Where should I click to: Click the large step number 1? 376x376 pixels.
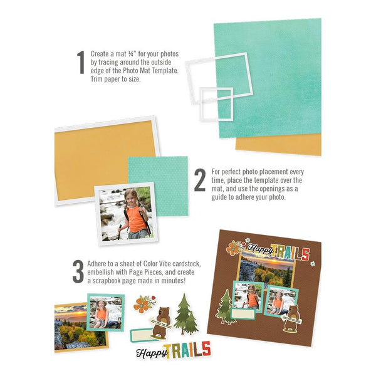[x=80, y=63]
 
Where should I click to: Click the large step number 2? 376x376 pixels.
[x=200, y=180]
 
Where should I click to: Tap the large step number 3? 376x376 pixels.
[x=78, y=271]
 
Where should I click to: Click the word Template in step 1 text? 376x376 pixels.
[x=160, y=70]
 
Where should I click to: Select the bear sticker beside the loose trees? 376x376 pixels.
[x=162, y=319]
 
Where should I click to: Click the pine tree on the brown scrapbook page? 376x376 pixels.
[x=224, y=305]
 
